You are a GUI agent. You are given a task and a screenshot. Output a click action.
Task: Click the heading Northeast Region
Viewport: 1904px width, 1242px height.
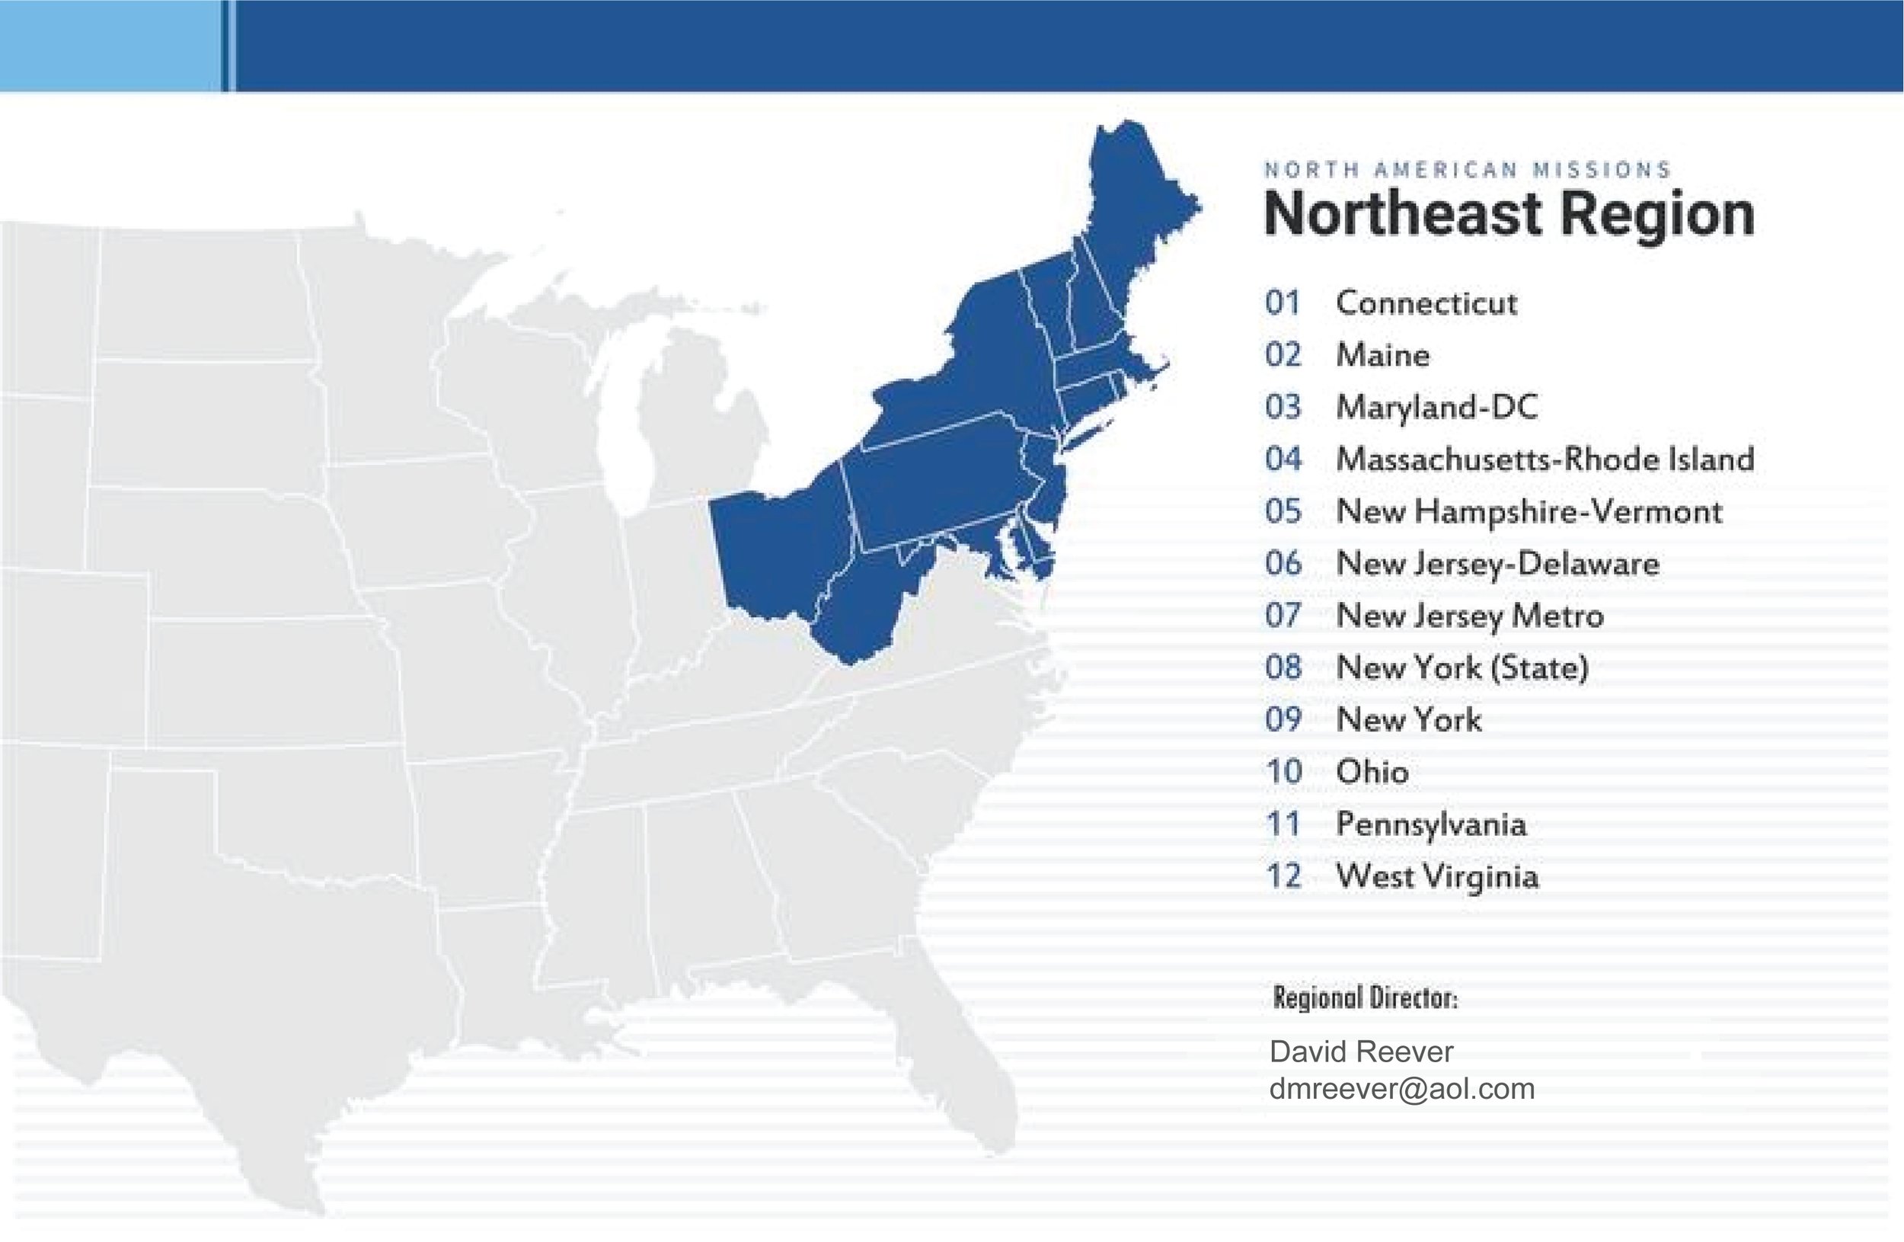pyautogui.click(x=1509, y=214)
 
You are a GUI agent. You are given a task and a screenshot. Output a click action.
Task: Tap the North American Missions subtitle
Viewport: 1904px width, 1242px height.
pyautogui.click(x=1467, y=170)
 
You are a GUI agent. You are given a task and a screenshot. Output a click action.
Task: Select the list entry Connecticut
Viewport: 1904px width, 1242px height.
pyautogui.click(x=1426, y=303)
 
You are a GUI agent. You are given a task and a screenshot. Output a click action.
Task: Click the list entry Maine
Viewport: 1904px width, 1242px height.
pyautogui.click(x=1382, y=355)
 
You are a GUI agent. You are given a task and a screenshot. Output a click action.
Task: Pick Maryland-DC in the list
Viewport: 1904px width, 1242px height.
pyautogui.click(x=1437, y=408)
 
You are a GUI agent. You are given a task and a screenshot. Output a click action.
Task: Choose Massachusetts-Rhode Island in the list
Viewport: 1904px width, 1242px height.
pyautogui.click(x=1545, y=459)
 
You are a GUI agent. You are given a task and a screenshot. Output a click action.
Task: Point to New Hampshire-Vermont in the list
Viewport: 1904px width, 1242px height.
pyautogui.click(x=1529, y=511)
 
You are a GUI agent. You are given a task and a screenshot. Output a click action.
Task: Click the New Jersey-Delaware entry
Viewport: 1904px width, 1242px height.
pyautogui.click(x=1497, y=563)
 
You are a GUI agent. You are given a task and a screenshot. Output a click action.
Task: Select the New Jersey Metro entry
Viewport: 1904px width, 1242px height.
pyautogui.click(x=1470, y=616)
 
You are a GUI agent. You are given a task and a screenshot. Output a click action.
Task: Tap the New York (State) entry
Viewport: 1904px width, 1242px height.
pyautogui.click(x=1462, y=667)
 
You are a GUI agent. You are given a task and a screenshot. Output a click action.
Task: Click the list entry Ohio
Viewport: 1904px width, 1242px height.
pyautogui.click(x=1372, y=771)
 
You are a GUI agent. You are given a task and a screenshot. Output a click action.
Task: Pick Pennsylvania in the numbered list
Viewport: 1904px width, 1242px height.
pyautogui.click(x=1431, y=824)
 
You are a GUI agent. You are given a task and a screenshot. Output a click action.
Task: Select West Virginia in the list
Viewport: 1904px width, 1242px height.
pyautogui.click(x=1438, y=876)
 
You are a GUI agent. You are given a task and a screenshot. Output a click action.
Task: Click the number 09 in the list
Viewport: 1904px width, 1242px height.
pyautogui.click(x=1283, y=719)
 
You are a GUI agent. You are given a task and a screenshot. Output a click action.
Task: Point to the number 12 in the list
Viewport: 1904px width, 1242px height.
pyautogui.click(x=1283, y=876)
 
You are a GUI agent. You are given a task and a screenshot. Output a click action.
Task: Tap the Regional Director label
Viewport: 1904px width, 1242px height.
pyautogui.click(x=1365, y=998)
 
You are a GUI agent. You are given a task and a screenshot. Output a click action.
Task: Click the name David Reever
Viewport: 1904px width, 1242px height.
pyautogui.click(x=1361, y=1052)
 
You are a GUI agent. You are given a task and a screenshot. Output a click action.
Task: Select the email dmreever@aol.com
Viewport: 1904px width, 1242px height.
pyautogui.click(x=1401, y=1089)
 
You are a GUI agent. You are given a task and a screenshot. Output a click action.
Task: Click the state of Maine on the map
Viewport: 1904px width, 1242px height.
pyautogui.click(x=1136, y=200)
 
